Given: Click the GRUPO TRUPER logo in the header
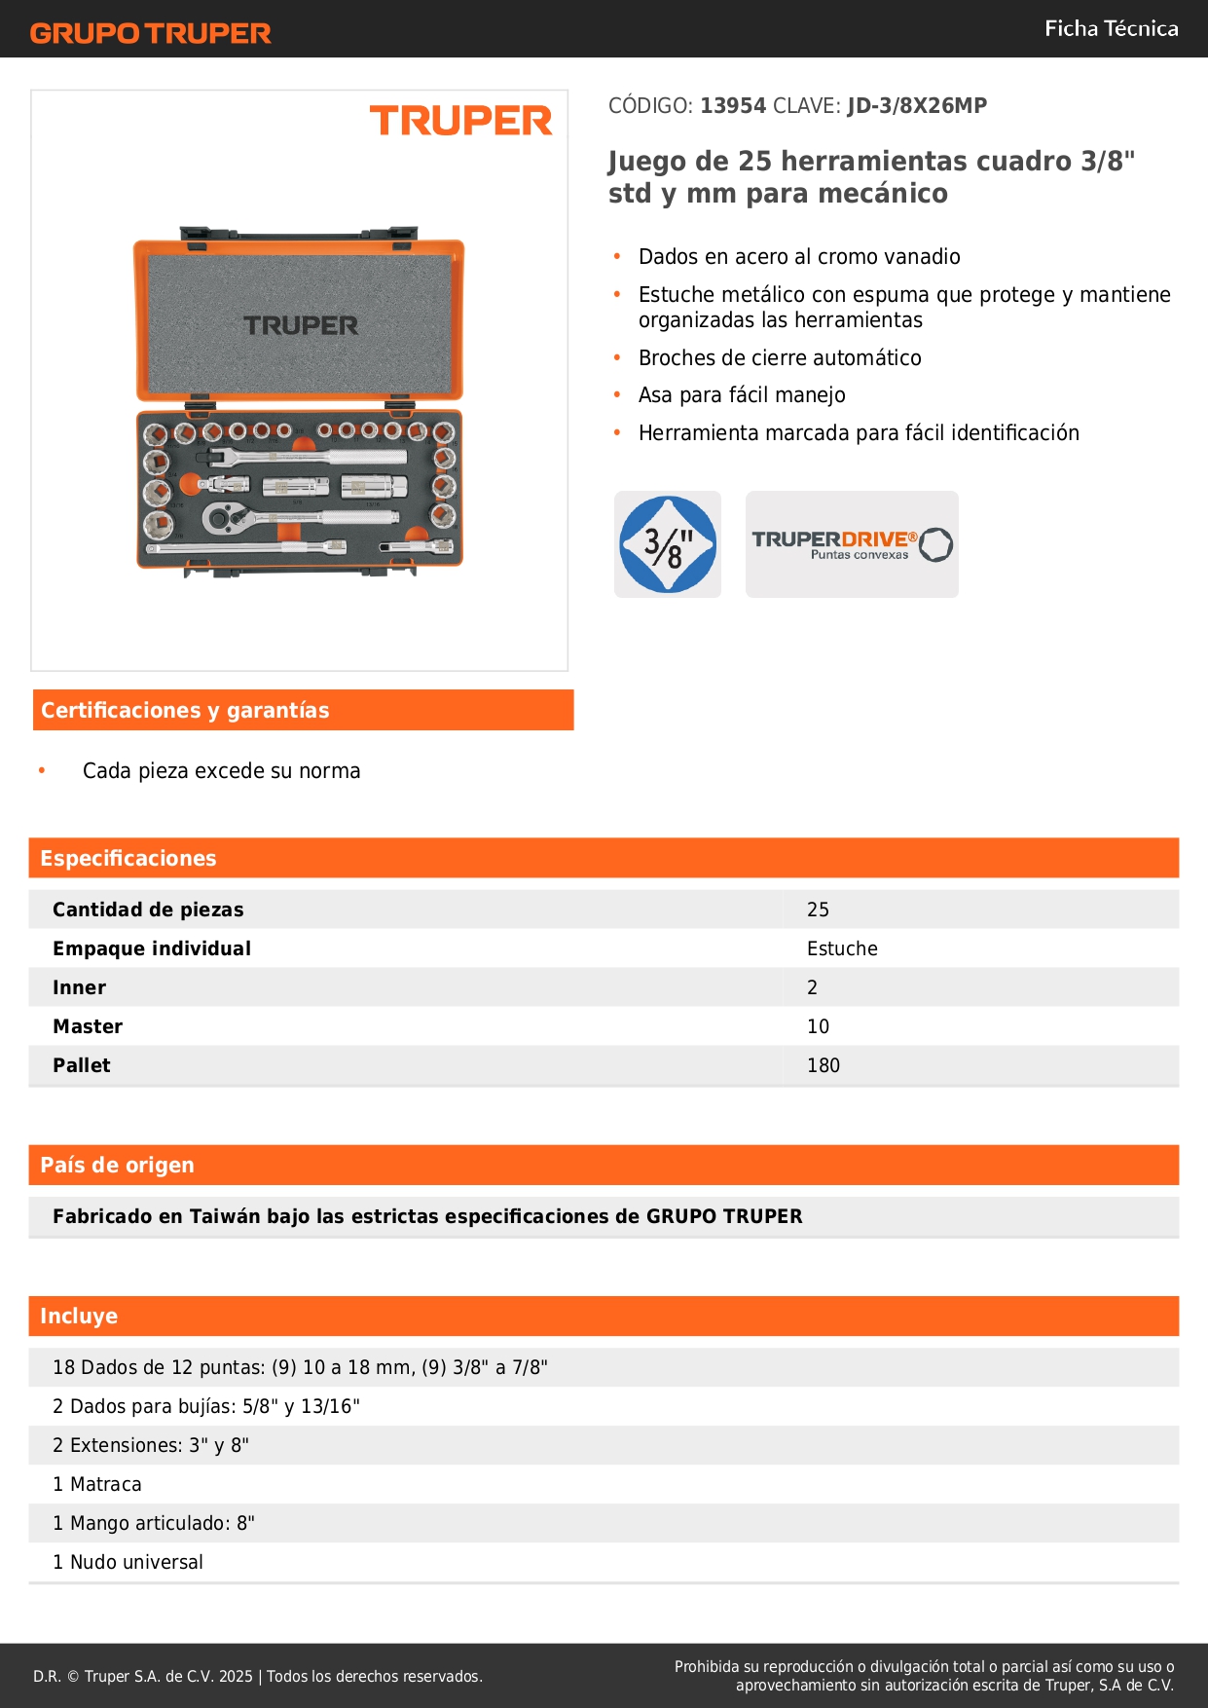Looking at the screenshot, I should pos(150,33).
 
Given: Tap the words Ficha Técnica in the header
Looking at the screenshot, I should pos(1111,28).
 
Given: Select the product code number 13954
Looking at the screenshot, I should pos(733,105).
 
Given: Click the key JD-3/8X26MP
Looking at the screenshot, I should pos(917,105).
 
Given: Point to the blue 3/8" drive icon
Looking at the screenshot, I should pos(668,544).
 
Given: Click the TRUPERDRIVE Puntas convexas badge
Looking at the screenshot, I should pos(852,544).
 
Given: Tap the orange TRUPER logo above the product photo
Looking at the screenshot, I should pos(460,121).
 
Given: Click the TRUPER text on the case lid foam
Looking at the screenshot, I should pos(301,325).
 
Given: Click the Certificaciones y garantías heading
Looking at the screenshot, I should pos(185,710).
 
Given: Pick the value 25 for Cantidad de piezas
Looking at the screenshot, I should pos(818,910).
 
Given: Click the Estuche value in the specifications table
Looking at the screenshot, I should pos(842,948).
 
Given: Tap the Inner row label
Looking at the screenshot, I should pos(80,987).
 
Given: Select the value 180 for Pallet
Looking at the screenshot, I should pos(824,1065).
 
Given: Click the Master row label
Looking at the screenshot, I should pos(88,1026).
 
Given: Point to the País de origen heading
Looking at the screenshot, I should pos(117,1165).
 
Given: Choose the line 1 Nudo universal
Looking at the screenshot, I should pos(128,1562).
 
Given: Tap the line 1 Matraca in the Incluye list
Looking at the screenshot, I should pos(97,1484).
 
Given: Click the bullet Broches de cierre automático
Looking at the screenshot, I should pos(780,357).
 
